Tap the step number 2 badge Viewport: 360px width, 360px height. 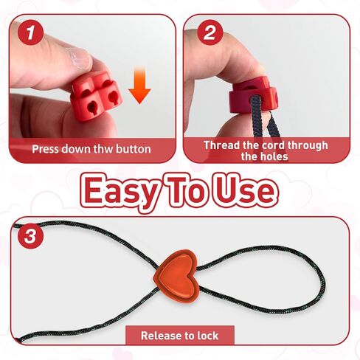point(210,32)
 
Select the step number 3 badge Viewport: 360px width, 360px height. point(30,238)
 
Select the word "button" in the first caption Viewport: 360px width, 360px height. point(133,149)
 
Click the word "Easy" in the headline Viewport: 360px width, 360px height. point(121,190)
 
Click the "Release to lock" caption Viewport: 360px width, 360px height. point(179,336)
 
